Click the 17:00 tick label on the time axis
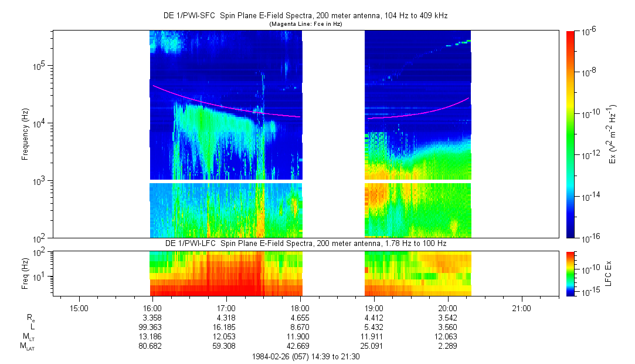(x=226, y=308)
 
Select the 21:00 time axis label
(x=521, y=308)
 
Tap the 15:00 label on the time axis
(x=79, y=308)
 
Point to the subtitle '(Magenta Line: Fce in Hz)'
(x=305, y=24)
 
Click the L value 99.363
(x=152, y=326)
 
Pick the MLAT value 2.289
(x=447, y=345)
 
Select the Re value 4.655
(x=300, y=318)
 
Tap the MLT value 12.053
(x=226, y=336)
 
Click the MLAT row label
(x=26, y=346)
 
